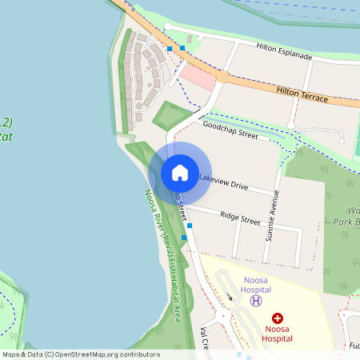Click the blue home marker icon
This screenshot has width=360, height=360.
(179, 172)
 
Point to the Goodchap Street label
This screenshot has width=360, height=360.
(230, 131)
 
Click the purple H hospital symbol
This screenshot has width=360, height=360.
(256, 301)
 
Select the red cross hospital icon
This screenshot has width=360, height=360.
(278, 318)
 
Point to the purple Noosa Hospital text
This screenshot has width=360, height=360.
(256, 284)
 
